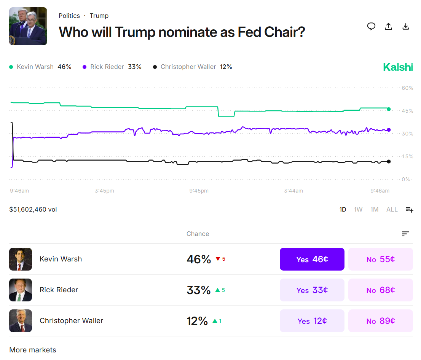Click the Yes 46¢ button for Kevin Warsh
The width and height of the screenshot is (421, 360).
(x=312, y=259)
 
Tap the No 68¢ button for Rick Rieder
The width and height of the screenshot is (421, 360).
(x=380, y=290)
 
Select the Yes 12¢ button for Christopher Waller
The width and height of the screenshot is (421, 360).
(x=312, y=321)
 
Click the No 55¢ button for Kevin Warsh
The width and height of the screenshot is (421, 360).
(x=380, y=259)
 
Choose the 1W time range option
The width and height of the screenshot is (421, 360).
(x=358, y=209)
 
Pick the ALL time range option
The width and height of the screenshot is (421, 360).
(x=392, y=209)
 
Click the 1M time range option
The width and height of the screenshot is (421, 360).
(x=374, y=209)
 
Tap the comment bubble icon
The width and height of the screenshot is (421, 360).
(x=371, y=26)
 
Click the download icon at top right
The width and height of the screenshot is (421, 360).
(x=406, y=26)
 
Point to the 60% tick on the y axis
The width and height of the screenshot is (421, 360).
(x=407, y=88)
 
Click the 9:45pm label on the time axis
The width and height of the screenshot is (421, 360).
(x=199, y=191)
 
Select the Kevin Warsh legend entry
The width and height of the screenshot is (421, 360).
(x=40, y=67)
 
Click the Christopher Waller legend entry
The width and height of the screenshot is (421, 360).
(x=192, y=67)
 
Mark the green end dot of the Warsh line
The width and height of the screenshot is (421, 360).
(x=389, y=109)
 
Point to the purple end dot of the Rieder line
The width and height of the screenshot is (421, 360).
(x=389, y=130)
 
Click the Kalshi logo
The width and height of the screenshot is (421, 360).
(x=398, y=67)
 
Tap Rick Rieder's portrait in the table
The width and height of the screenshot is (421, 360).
(x=21, y=290)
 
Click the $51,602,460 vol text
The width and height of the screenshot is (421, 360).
(x=33, y=209)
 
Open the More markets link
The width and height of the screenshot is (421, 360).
(x=33, y=350)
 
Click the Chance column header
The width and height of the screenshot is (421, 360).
(x=198, y=234)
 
